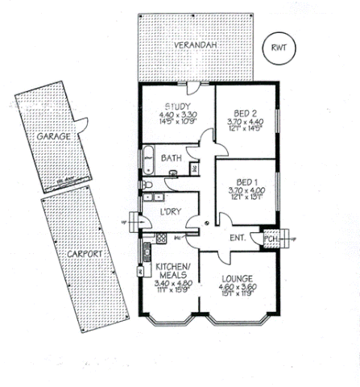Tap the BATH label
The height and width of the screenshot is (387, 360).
171,158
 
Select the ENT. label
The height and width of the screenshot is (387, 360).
238,238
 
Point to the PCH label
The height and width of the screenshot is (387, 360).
270,239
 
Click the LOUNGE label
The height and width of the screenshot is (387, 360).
238,279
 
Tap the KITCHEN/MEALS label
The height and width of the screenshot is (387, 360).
172,271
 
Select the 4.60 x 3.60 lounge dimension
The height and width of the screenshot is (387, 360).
238,288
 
